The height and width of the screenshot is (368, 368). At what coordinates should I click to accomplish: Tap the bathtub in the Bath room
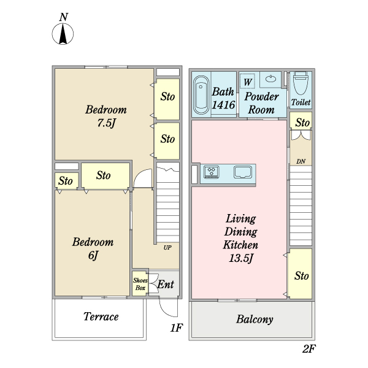pyautogui.click(x=201, y=96)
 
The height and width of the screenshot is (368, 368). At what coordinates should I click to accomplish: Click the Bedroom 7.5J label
pyautogui.click(x=105, y=117)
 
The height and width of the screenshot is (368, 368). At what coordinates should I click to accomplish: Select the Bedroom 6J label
pyautogui.click(x=93, y=248)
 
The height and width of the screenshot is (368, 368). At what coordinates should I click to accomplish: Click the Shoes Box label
pyautogui.click(x=140, y=283)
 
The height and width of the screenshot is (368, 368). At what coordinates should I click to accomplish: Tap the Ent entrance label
pyautogui.click(x=166, y=285)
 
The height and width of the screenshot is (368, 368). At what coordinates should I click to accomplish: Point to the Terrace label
pyautogui.click(x=101, y=317)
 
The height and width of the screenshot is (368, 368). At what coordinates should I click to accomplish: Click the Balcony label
pyautogui.click(x=255, y=320)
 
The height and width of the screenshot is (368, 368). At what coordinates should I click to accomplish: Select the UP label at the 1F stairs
pyautogui.click(x=167, y=248)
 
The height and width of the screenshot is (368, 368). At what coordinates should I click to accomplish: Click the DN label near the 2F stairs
pyautogui.click(x=301, y=161)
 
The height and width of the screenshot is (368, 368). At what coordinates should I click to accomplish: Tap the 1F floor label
pyautogui.click(x=177, y=328)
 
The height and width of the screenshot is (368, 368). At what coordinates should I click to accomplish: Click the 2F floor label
pyautogui.click(x=309, y=350)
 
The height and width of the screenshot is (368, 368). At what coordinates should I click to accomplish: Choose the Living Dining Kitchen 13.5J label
pyautogui.click(x=240, y=239)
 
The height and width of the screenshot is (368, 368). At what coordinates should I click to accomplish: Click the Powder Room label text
pyautogui.click(x=261, y=103)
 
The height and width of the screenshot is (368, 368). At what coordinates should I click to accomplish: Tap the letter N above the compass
pyautogui.click(x=63, y=17)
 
